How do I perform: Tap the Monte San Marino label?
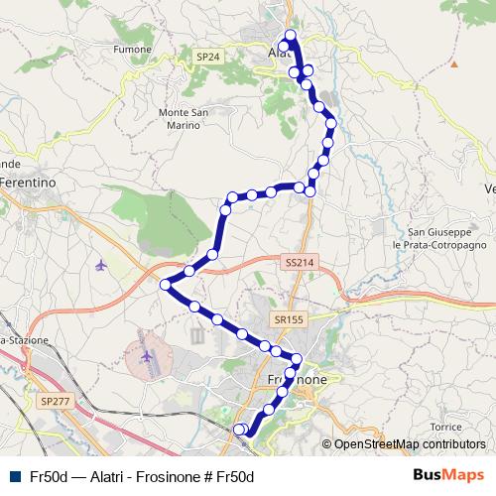point(184,118)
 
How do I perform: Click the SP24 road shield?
point(207,57)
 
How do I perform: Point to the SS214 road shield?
point(298,260)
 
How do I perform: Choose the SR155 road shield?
point(289,319)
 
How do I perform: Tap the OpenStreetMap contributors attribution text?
point(409,445)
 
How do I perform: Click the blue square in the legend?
point(14,476)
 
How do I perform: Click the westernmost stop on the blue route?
point(165,285)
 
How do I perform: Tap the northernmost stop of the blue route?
point(291,36)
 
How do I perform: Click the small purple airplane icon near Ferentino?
point(100,265)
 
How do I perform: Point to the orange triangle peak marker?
point(453,64)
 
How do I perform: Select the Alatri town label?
point(283,54)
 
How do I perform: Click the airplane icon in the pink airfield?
point(148,355)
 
